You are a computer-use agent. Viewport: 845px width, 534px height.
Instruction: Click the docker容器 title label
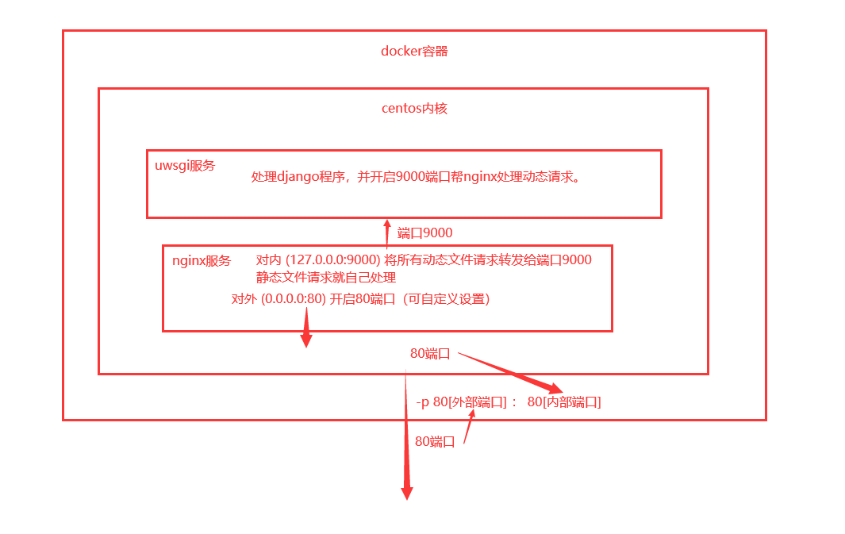414,52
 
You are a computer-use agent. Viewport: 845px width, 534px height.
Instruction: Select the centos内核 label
414,108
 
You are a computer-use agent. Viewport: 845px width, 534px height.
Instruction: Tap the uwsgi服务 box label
185,166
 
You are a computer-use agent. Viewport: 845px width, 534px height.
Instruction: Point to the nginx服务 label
202,260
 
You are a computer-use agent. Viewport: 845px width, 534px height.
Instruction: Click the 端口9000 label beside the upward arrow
424,232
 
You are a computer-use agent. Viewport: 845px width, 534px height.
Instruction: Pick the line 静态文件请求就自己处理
326,278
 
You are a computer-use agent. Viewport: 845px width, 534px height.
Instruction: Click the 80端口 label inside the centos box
430,354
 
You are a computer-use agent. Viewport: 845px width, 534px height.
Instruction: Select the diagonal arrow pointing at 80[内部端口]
512,373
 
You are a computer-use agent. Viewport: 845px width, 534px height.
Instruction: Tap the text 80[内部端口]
564,402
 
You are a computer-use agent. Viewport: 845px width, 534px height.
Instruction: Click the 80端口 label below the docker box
435,442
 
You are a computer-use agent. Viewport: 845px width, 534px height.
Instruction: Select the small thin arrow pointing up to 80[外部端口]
469,428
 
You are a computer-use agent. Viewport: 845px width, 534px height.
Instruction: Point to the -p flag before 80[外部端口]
423,402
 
